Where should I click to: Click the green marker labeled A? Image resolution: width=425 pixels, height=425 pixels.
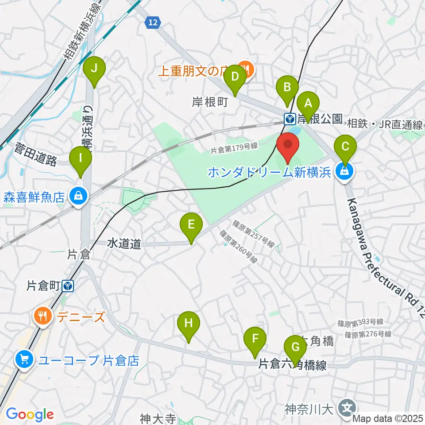click(x=308, y=104)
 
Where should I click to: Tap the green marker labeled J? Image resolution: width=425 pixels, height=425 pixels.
click(x=94, y=69)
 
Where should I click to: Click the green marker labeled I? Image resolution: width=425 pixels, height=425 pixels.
click(x=81, y=158)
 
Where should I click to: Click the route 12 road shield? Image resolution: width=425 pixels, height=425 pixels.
click(x=153, y=22)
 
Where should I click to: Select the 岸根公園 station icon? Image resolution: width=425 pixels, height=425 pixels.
click(x=290, y=119)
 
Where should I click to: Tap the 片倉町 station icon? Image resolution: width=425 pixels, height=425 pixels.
click(x=68, y=287)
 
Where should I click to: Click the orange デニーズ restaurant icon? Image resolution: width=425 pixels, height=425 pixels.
click(x=42, y=316)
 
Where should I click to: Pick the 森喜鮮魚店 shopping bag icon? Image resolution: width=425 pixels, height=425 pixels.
click(x=78, y=195)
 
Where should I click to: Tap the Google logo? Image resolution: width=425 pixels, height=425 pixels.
click(x=30, y=415)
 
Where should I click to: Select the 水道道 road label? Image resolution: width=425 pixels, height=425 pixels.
click(x=124, y=243)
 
